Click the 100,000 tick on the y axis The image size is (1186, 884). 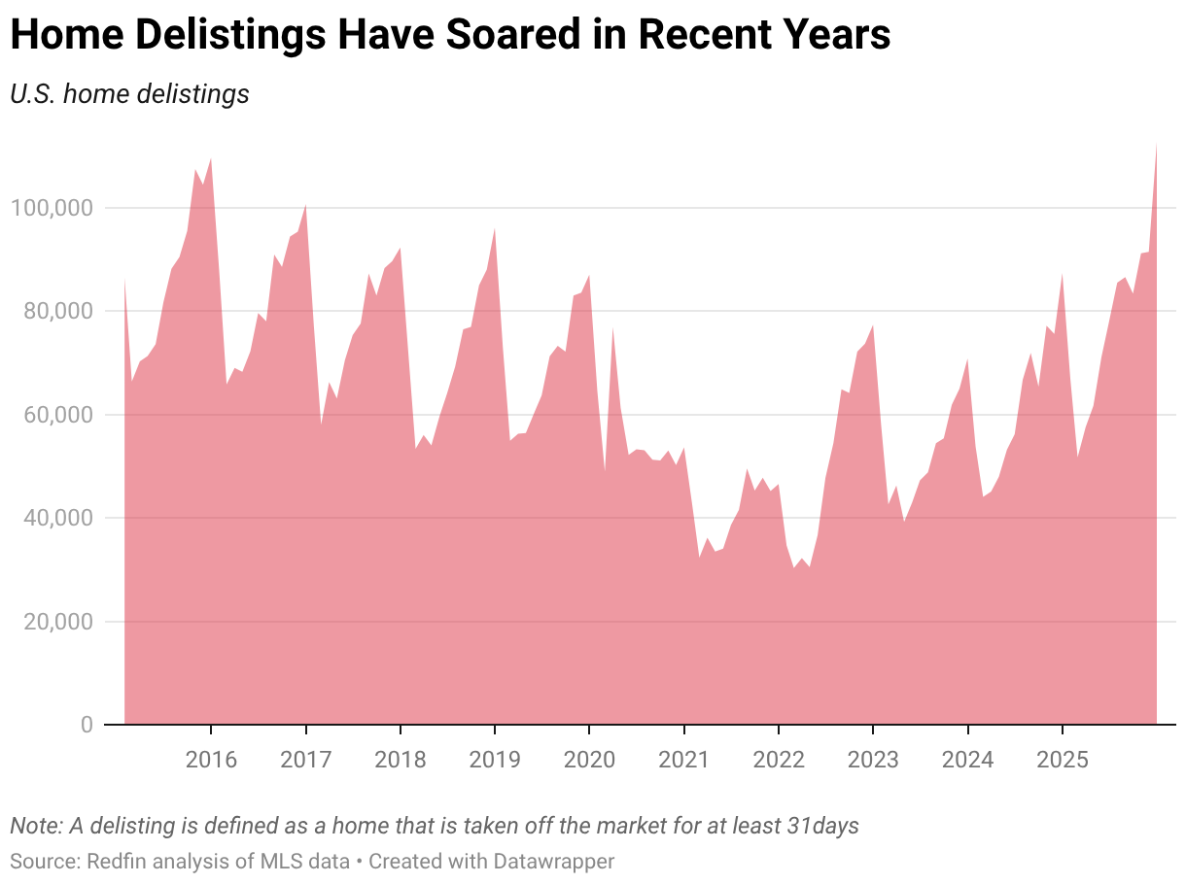[x=52, y=208]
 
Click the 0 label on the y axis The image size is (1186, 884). [x=87, y=725]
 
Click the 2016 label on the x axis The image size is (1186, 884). [x=211, y=759]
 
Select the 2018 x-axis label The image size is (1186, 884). [x=400, y=759]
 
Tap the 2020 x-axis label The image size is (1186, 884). [x=589, y=759]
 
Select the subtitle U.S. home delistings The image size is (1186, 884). [x=129, y=94]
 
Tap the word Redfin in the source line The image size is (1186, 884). [x=115, y=861]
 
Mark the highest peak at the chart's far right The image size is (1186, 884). [x=1156, y=145]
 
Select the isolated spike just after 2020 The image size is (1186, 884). [x=612, y=328]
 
